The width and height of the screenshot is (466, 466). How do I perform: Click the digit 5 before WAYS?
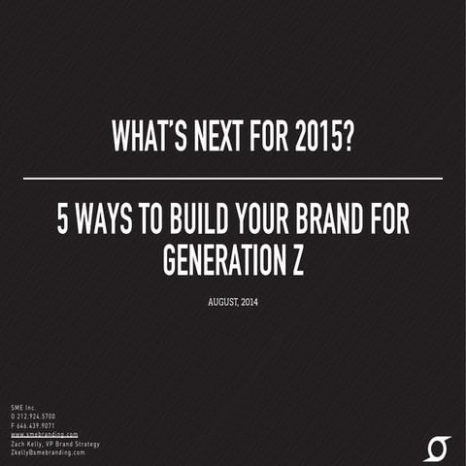(62, 222)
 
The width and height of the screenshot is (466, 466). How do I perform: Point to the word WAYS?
(107, 222)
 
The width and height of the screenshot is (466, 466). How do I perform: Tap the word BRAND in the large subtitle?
(326, 222)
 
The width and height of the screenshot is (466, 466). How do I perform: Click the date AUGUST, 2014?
(233, 302)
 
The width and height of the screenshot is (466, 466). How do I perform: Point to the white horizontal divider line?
(233, 179)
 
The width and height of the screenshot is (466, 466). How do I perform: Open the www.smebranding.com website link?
(44, 434)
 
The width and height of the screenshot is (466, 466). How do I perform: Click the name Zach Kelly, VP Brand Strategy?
(54, 444)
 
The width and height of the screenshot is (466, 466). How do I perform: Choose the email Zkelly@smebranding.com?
(47, 452)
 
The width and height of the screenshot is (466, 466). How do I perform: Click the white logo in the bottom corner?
(438, 449)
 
